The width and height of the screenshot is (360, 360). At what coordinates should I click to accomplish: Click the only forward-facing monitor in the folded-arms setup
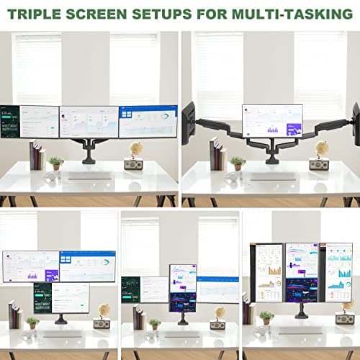tap(272, 120)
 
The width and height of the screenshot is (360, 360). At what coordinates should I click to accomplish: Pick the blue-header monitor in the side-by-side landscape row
tap(148, 121)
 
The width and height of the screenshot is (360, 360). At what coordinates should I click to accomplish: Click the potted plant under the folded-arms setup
tap(237, 163)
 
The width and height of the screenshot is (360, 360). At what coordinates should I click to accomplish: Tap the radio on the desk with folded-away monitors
tap(319, 164)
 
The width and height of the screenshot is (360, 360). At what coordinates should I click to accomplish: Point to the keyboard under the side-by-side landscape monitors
tap(90, 176)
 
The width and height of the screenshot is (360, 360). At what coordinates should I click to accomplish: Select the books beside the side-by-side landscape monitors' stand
tap(35, 156)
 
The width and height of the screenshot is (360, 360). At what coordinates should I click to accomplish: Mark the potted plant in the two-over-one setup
tap(32, 322)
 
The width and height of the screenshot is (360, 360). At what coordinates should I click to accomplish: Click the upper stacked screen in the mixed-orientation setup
tap(183, 278)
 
